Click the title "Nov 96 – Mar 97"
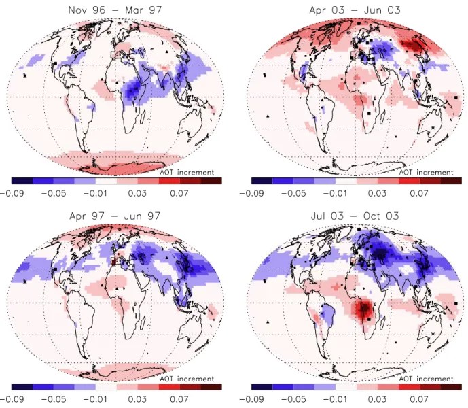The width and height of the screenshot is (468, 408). click(x=115, y=10)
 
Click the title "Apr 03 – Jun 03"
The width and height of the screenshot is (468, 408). click(x=355, y=10)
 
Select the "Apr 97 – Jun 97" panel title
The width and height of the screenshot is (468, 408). click(x=115, y=216)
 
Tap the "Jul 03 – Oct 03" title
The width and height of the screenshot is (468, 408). click(x=355, y=216)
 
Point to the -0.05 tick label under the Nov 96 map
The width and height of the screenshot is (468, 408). click(x=54, y=193)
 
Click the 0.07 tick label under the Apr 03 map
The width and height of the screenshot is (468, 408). click(x=418, y=193)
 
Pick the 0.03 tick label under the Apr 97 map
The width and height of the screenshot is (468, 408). click(x=137, y=399)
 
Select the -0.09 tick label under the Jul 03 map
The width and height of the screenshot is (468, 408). click(x=251, y=399)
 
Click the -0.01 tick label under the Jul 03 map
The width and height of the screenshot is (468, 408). click(x=335, y=399)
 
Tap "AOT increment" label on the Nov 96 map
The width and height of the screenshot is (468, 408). click(x=187, y=173)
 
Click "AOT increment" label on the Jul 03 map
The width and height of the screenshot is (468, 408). click(x=426, y=379)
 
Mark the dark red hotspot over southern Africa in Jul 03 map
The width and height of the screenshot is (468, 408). click(x=363, y=309)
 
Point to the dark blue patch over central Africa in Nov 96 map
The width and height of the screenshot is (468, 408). click(x=133, y=89)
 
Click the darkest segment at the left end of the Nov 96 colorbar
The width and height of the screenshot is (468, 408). click(x=22, y=181)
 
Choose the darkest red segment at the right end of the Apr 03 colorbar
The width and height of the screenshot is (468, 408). click(x=451, y=181)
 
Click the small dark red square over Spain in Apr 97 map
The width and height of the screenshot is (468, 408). click(x=113, y=262)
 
